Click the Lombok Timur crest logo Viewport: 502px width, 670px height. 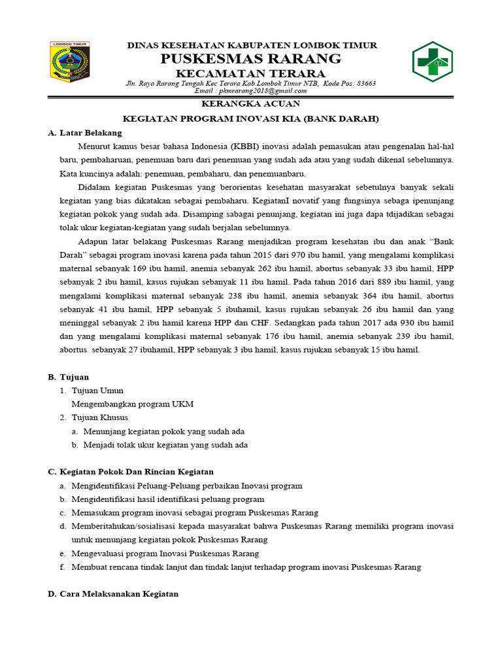pyautogui.click(x=71, y=62)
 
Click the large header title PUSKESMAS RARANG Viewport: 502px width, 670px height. pyautogui.click(x=251, y=59)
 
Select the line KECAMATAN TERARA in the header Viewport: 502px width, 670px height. pyautogui.click(x=251, y=73)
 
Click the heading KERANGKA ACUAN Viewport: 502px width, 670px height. pyautogui.click(x=251, y=104)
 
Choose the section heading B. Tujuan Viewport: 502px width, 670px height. pyautogui.click(x=69, y=378)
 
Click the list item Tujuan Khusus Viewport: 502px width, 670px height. pyautogui.click(x=99, y=417)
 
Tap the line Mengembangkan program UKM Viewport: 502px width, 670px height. pyautogui.click(x=132, y=404)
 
